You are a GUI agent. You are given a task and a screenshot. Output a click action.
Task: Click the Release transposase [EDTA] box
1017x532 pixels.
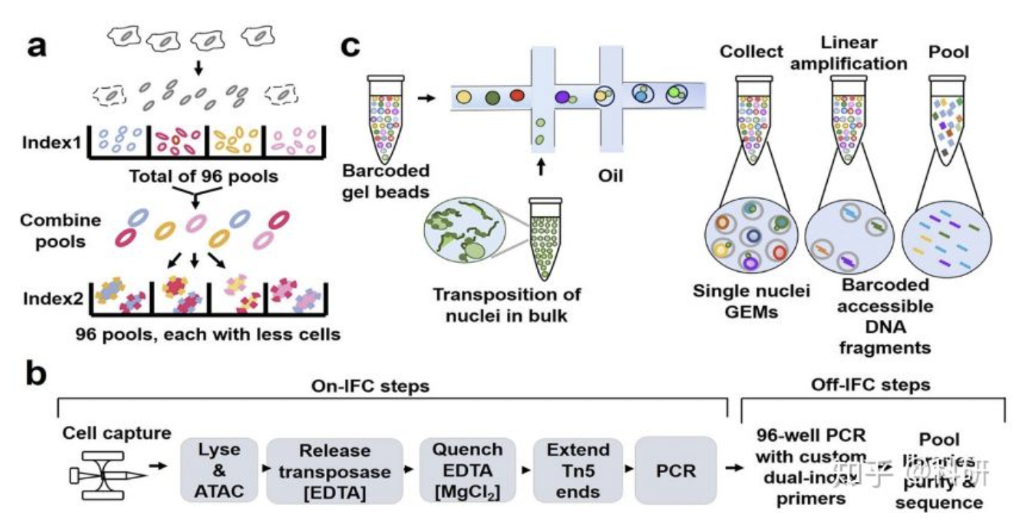coord(334,471)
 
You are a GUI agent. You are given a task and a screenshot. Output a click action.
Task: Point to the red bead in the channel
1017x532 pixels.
coord(517,96)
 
